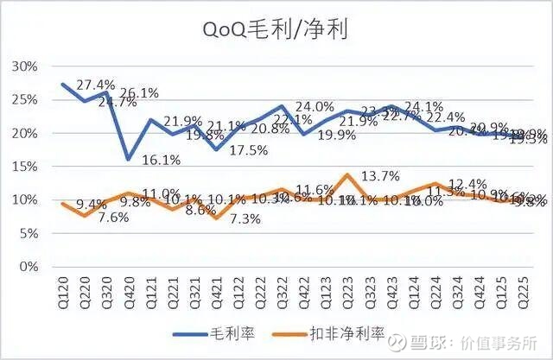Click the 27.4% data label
tap(96, 85)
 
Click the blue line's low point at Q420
tap(128, 159)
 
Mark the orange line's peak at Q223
tap(346, 174)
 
